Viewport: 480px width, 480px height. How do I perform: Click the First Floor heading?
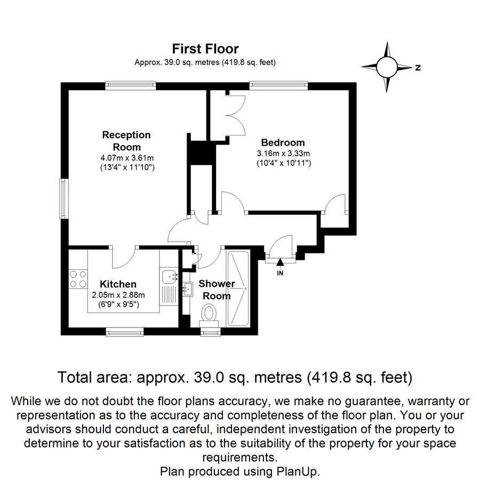coord(205,49)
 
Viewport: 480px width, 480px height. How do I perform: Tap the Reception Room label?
coord(126,141)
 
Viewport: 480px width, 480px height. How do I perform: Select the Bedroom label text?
coord(283,142)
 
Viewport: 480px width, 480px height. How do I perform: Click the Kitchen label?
coord(118,284)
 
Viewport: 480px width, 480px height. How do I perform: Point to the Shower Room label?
coord(217,290)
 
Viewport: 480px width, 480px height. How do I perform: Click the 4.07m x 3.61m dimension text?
coord(127,158)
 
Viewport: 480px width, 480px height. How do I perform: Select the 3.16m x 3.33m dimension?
coord(284,154)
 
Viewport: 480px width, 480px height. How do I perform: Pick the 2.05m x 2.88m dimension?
coord(118,295)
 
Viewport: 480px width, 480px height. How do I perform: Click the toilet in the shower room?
coord(209,316)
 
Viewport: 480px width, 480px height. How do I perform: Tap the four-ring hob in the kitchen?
coord(78,279)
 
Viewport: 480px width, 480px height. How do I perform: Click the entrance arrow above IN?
coord(280,262)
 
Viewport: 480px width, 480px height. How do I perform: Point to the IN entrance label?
coord(280,273)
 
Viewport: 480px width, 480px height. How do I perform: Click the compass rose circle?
coord(387,67)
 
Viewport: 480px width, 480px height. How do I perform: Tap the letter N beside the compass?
coord(418,68)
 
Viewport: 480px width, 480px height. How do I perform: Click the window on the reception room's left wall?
coord(63,198)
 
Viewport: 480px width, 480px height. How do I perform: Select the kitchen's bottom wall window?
coord(125,332)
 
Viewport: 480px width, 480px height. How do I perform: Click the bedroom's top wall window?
coord(278,85)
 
